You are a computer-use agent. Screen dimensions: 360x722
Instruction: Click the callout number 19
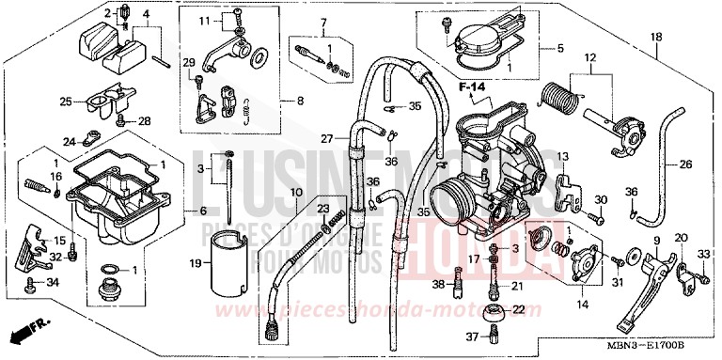(x=196, y=263)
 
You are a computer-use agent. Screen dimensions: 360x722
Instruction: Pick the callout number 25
(x=67, y=102)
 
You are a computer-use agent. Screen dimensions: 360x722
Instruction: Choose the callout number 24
(x=69, y=142)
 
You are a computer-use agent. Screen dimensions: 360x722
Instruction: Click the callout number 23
(x=322, y=208)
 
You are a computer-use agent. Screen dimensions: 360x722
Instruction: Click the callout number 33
(x=703, y=253)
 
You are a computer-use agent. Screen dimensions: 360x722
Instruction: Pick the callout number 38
(x=438, y=283)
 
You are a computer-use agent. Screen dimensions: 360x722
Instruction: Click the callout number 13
(x=563, y=156)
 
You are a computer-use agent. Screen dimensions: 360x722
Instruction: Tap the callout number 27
(x=326, y=138)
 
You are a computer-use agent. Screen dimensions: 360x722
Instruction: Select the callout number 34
(x=53, y=280)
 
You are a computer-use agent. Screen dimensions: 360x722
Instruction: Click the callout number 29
(x=188, y=62)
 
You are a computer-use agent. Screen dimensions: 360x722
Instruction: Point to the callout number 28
(x=144, y=120)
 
